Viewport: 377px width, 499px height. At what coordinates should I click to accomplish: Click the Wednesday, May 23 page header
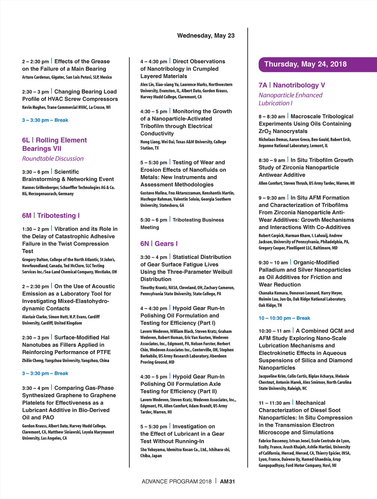(x=206, y=36)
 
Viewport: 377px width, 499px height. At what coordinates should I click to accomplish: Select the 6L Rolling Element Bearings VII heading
(x=54, y=144)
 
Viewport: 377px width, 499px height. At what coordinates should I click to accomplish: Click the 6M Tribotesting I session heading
(x=51, y=216)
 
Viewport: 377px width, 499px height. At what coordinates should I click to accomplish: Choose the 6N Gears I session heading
(x=159, y=244)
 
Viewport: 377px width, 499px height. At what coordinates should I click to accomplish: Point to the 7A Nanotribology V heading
(x=292, y=85)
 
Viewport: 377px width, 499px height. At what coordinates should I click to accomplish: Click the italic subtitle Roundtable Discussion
(x=53, y=159)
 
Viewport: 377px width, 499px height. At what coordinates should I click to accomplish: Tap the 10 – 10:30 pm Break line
(x=284, y=318)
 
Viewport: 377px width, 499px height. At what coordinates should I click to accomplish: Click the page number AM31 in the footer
(x=227, y=481)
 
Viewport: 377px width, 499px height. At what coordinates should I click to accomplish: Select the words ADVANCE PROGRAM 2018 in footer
(x=177, y=481)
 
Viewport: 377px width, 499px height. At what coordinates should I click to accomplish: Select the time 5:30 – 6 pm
(x=154, y=220)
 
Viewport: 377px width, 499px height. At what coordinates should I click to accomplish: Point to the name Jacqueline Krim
(x=272, y=376)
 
